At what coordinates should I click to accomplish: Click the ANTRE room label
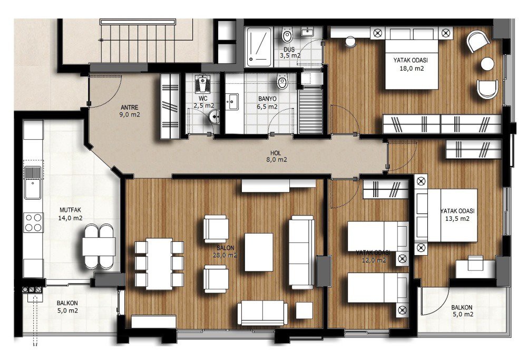coord(130,108)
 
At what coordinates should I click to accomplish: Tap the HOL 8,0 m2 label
coord(277,157)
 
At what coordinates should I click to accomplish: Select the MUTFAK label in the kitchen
coord(70,210)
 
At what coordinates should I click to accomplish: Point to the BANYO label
coord(268,99)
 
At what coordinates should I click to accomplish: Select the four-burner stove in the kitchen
coord(33,222)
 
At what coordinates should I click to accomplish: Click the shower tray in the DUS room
coord(259,47)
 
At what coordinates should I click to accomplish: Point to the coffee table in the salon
coord(258,252)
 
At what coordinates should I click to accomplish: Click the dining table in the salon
coord(159,264)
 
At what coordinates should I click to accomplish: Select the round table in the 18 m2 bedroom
coord(487,64)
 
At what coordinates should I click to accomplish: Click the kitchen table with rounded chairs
coord(99,246)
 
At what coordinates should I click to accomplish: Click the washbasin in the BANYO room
coord(231,101)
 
